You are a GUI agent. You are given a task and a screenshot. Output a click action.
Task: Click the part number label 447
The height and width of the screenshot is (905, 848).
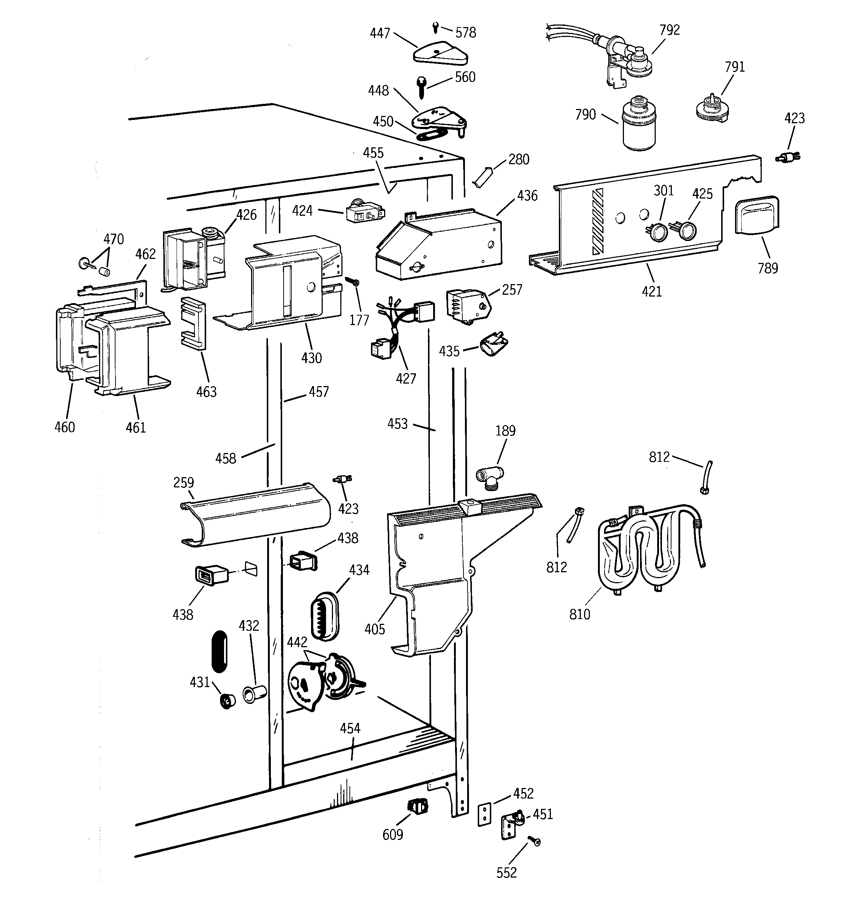(380, 34)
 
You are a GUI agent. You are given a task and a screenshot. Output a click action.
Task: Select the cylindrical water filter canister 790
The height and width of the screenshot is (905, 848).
(639, 124)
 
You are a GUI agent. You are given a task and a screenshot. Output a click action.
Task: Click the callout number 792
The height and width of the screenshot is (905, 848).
(669, 30)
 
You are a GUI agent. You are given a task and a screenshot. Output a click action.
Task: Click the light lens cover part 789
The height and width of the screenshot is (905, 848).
(757, 215)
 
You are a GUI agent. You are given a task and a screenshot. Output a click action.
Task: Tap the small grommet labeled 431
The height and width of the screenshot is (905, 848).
(226, 701)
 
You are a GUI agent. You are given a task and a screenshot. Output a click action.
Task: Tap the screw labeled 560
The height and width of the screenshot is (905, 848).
(421, 87)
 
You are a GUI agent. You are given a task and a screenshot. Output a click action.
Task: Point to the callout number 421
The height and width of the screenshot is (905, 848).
(651, 291)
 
